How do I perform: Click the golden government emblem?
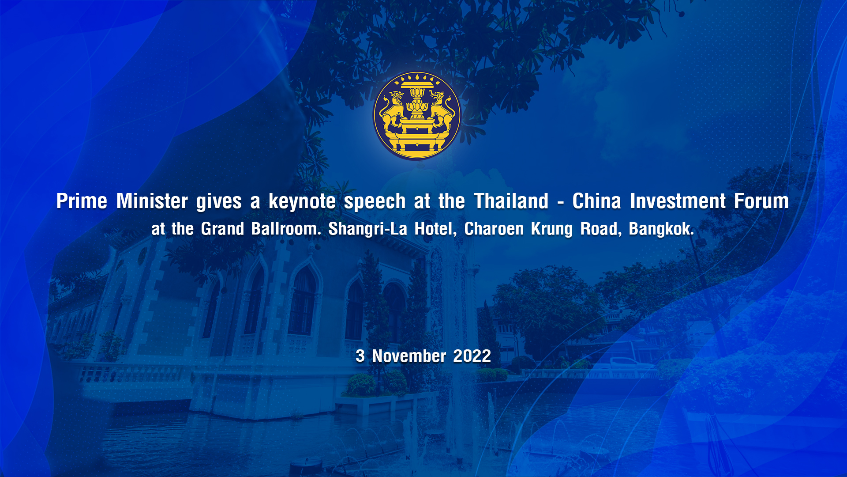click(x=417, y=115)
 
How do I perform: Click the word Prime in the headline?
click(x=82, y=201)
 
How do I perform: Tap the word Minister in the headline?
click(x=152, y=201)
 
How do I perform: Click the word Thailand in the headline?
click(x=511, y=201)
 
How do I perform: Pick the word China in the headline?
click(x=597, y=201)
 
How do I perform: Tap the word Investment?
click(x=678, y=201)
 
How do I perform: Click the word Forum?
click(x=761, y=201)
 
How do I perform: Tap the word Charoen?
click(x=494, y=229)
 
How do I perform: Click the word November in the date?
click(x=409, y=356)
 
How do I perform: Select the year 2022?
click(x=472, y=356)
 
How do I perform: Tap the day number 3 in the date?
click(x=360, y=356)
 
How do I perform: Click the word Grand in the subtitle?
click(x=222, y=229)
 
